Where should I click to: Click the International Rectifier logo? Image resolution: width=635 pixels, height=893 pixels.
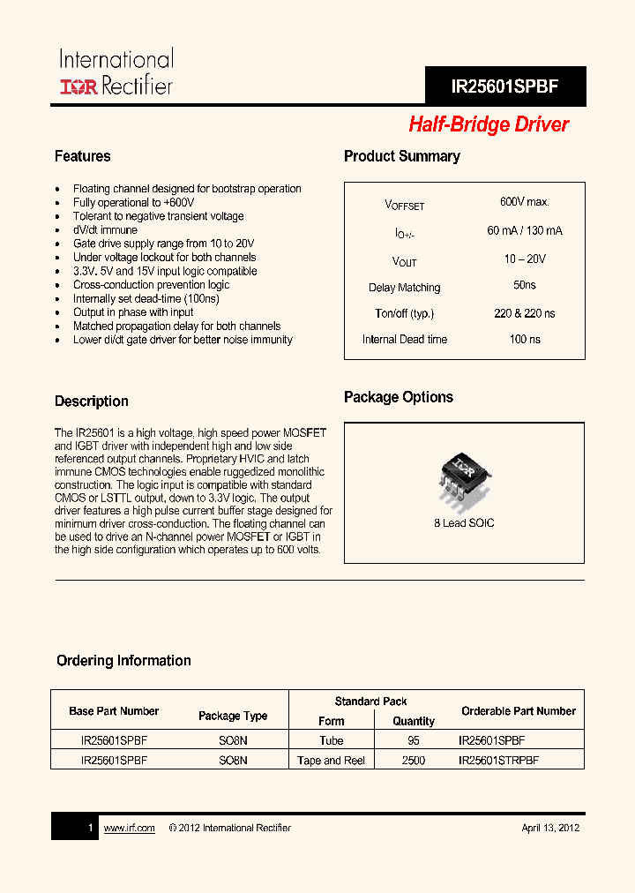tap(116, 73)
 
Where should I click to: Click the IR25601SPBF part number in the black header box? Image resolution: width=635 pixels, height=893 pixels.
tap(504, 87)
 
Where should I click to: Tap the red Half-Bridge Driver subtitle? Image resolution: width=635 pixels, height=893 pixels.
tap(489, 125)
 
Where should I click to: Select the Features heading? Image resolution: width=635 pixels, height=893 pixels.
tap(83, 156)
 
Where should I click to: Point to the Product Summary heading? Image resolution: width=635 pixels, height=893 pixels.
tap(401, 156)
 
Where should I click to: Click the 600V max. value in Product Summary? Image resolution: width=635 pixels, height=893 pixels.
tap(524, 202)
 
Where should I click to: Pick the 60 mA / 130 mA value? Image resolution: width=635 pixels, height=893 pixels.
tap(524, 231)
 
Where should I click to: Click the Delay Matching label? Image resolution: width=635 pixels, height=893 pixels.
tap(404, 288)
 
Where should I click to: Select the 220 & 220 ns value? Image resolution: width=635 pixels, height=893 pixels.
tap(524, 313)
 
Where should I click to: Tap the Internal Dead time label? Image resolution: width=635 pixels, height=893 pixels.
tap(404, 340)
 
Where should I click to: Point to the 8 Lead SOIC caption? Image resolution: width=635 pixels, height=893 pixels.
tap(464, 523)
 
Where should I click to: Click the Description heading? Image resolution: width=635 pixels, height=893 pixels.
tap(92, 401)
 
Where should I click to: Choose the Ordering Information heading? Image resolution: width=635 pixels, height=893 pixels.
tap(123, 661)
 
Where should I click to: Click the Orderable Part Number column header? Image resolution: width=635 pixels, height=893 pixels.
tap(518, 711)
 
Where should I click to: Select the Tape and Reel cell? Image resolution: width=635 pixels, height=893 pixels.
tap(331, 761)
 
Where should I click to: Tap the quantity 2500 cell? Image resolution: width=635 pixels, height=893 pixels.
tap(413, 761)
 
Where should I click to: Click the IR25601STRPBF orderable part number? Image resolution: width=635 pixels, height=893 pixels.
tap(498, 761)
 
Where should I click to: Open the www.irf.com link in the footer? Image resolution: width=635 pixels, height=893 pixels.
tap(129, 828)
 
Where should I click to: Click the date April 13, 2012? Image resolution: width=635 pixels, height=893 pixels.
tap(549, 828)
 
